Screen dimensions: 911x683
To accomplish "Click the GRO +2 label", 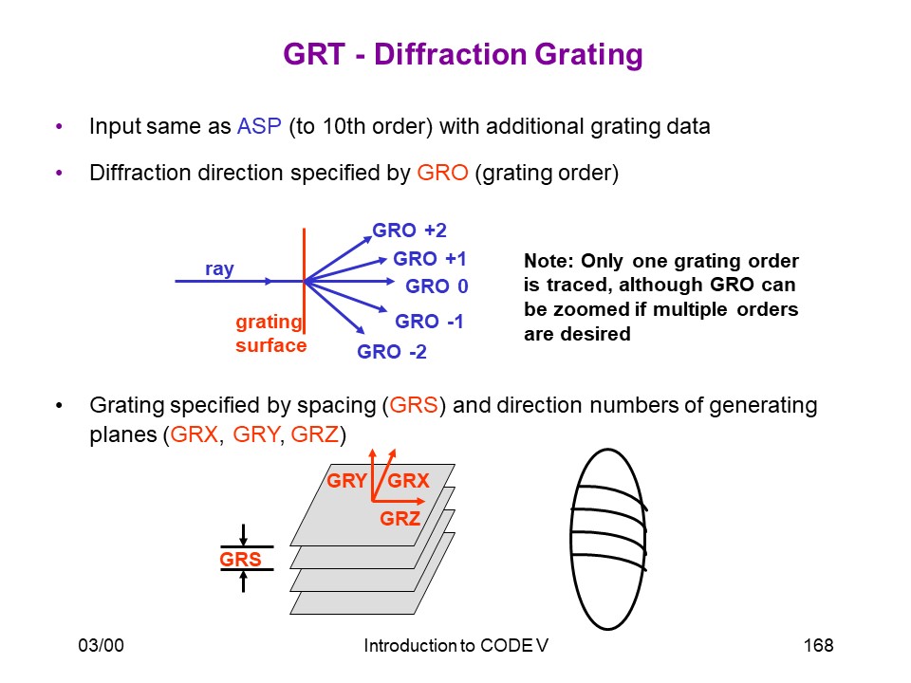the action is pos(409,231).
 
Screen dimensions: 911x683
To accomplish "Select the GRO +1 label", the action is pos(429,259).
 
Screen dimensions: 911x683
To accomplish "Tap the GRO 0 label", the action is pos(437,286).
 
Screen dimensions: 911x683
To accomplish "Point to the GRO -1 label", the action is pos(429,322).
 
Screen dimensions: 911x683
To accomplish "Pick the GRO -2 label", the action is pos(392,351).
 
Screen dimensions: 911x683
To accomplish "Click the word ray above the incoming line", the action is pos(219,268).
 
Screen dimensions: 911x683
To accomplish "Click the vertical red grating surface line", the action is pos(304,281).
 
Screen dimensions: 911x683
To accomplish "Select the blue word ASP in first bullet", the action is pos(259,126).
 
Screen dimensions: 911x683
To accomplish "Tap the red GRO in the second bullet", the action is pos(442,173).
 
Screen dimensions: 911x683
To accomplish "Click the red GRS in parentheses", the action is pos(413,405).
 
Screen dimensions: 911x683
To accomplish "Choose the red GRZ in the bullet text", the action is pos(314,434).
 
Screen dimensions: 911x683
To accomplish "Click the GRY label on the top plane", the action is pos(346,481).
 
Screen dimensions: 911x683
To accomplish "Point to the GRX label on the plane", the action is pos(408,481).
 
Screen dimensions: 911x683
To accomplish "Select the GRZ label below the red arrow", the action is pos(400,518).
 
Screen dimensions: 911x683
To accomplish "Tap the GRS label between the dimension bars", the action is pos(240,560).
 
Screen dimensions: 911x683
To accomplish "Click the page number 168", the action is pos(818,645).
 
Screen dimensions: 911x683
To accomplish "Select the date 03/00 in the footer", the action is pos(102,645).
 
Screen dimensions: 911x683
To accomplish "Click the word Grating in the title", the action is pos(588,55).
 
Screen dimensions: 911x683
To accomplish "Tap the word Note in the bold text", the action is pos(549,261).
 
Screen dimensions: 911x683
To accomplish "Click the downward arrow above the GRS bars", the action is pos(244,534).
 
